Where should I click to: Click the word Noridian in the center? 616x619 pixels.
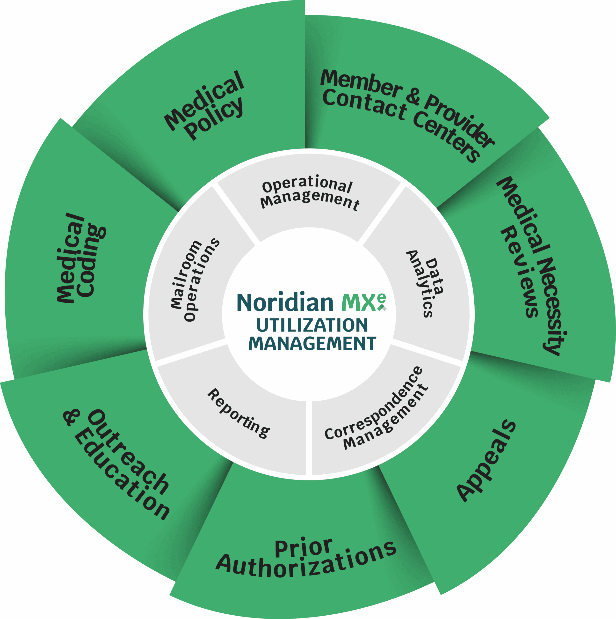pos(285,303)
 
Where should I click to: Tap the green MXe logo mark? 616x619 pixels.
pos(363,302)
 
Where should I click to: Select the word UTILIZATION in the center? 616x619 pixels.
pos(312,325)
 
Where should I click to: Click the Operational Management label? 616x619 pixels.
pos(309,192)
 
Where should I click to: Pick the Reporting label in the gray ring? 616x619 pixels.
pos(239,413)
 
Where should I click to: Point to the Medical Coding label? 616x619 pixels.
pos(80,258)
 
